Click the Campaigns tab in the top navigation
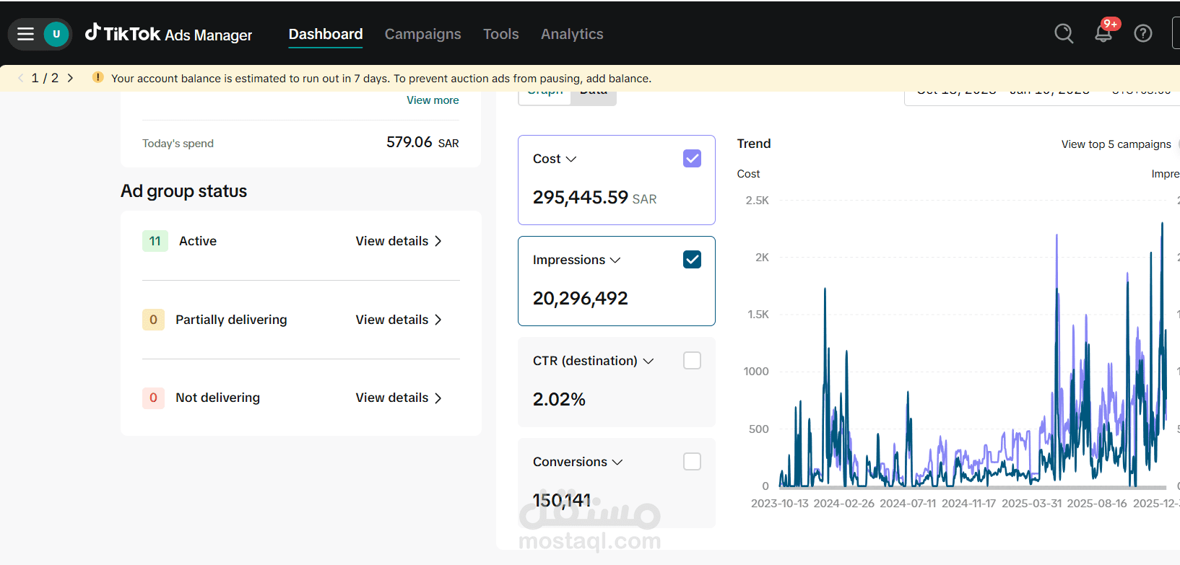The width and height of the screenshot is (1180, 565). (x=422, y=34)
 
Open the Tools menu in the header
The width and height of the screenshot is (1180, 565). (x=500, y=34)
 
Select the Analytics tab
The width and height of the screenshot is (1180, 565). (x=572, y=34)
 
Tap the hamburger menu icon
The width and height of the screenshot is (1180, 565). (x=26, y=34)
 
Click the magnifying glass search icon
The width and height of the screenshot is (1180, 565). (x=1063, y=33)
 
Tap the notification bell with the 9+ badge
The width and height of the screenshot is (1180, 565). (x=1103, y=32)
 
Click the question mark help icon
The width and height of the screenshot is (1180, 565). (x=1142, y=33)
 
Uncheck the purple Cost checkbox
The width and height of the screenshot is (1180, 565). (x=692, y=159)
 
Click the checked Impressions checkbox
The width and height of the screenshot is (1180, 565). (x=692, y=260)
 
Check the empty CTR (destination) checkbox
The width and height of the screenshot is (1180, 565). (x=692, y=361)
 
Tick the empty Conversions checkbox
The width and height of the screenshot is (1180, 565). (x=692, y=462)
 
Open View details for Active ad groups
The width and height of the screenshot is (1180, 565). (x=398, y=241)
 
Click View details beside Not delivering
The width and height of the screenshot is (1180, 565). (x=398, y=398)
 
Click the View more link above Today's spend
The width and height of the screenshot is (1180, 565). (x=433, y=100)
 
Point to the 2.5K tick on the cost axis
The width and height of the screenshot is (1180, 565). (x=757, y=201)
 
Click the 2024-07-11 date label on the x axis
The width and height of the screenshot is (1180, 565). (x=907, y=504)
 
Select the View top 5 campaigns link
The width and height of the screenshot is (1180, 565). (x=1116, y=144)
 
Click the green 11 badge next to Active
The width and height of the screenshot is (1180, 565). (x=155, y=241)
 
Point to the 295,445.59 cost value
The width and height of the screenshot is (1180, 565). (x=580, y=198)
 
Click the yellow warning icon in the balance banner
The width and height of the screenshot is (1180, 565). (x=97, y=78)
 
